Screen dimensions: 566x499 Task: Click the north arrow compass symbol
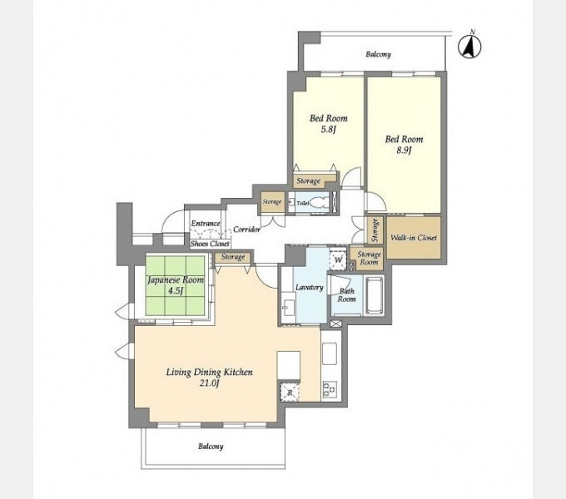pyautogui.click(x=469, y=46)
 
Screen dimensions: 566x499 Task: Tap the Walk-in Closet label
pyautogui.click(x=414, y=238)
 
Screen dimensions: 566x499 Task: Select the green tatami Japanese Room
pyautogui.click(x=176, y=285)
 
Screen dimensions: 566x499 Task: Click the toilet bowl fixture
pyautogui.click(x=317, y=203)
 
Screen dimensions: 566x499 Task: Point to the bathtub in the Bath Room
pyautogui.click(x=374, y=295)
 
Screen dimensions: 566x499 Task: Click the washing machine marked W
pyautogui.click(x=338, y=259)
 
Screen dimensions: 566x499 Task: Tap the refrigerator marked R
pyautogui.click(x=290, y=392)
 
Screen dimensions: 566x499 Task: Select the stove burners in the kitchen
pyautogui.click(x=330, y=390)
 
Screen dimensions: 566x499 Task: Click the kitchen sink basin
pyautogui.click(x=330, y=353)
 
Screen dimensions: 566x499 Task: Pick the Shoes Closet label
pyautogui.click(x=210, y=244)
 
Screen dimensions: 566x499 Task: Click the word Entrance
pyautogui.click(x=206, y=224)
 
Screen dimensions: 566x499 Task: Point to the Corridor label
pyautogui.click(x=247, y=230)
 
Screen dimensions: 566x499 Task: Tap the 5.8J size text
pyautogui.click(x=329, y=130)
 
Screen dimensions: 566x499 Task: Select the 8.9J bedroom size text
pyautogui.click(x=404, y=151)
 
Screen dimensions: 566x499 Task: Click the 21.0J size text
pyautogui.click(x=210, y=383)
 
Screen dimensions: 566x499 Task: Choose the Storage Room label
pyautogui.click(x=369, y=258)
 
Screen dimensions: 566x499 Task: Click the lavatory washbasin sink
pyautogui.click(x=289, y=308)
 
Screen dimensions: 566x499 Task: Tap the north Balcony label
pyautogui.click(x=378, y=54)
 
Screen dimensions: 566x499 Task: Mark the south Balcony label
pyautogui.click(x=211, y=447)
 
